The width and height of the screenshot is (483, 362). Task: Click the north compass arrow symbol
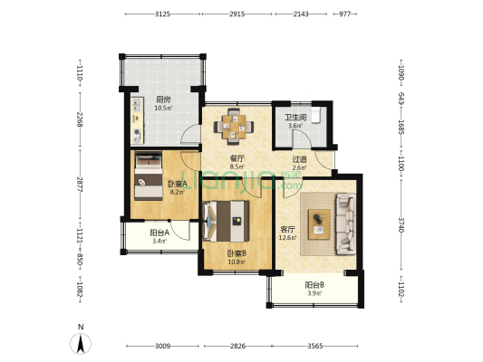pyautogui.click(x=81, y=344)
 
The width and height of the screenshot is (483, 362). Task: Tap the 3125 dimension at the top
pyautogui.click(x=162, y=14)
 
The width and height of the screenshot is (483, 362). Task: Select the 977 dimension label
pyautogui.click(x=345, y=14)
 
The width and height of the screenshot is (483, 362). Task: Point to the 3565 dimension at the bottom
pyautogui.click(x=315, y=347)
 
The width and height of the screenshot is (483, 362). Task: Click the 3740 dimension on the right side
pyautogui.click(x=401, y=224)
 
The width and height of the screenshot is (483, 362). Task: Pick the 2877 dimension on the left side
pyautogui.click(x=80, y=185)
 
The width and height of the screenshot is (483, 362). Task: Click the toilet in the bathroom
pyautogui.click(x=316, y=115)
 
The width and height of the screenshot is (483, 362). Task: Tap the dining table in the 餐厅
pyautogui.click(x=234, y=127)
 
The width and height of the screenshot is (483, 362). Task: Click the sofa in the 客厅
pyautogui.click(x=345, y=224)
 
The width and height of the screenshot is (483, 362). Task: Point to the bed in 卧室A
pyautogui.click(x=149, y=176)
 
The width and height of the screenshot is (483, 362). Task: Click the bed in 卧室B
pyautogui.click(x=227, y=221)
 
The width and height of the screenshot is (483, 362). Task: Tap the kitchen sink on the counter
pyautogui.click(x=137, y=105)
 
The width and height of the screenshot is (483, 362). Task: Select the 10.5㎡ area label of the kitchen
pyautogui.click(x=163, y=108)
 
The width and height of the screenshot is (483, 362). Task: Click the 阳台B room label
pyautogui.click(x=314, y=285)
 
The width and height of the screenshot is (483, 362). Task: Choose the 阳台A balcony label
pyautogui.click(x=159, y=233)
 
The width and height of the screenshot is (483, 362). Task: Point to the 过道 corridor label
pyautogui.click(x=299, y=159)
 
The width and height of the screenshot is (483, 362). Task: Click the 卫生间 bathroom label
pyautogui.click(x=295, y=118)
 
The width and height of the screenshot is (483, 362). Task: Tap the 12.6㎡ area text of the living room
pyautogui.click(x=287, y=237)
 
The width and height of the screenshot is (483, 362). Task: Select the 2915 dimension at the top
pyautogui.click(x=237, y=14)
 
